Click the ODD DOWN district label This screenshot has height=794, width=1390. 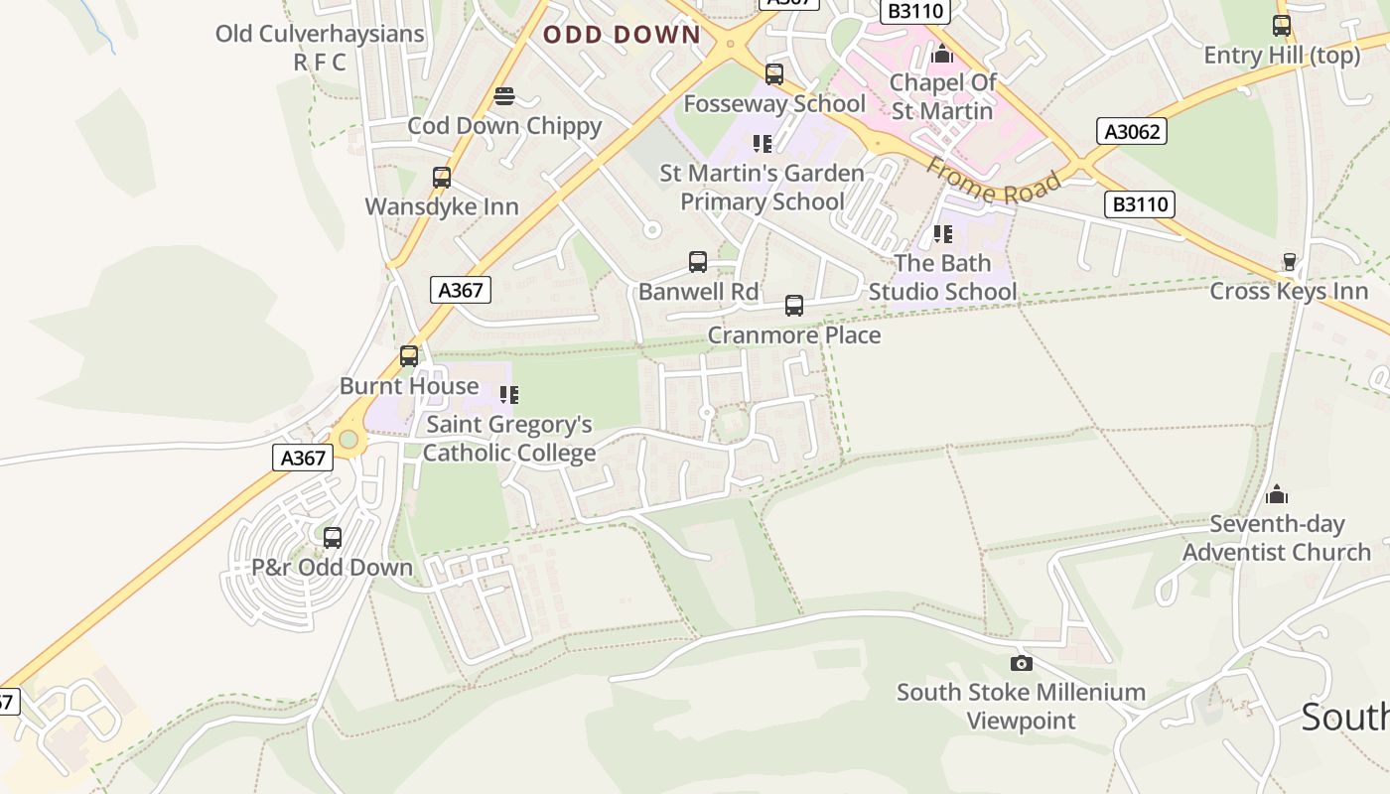[x=622, y=35]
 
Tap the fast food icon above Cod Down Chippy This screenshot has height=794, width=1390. [x=504, y=96]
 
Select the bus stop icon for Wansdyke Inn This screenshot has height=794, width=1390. [x=442, y=178]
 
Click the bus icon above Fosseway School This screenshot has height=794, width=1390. [x=774, y=73]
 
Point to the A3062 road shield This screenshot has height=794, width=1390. [x=1132, y=131]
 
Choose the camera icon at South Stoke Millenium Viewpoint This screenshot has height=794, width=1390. [x=1021, y=663]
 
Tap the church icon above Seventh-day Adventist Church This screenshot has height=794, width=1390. [x=1277, y=494]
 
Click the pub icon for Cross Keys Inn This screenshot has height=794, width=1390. [x=1289, y=262]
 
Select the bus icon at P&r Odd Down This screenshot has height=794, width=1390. [x=333, y=538]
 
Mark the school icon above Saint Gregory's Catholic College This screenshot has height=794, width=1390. [x=509, y=395]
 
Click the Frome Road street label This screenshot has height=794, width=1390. [x=993, y=180]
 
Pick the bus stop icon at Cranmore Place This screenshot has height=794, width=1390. [x=794, y=306]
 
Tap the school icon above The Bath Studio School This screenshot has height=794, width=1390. [x=942, y=234]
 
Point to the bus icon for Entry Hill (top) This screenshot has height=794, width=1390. [x=1282, y=26]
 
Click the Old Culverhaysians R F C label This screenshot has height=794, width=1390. [x=320, y=47]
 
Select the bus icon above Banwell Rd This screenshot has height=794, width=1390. [x=698, y=262]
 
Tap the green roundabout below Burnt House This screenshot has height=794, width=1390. [x=347, y=439]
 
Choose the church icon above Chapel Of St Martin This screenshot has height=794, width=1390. [x=942, y=53]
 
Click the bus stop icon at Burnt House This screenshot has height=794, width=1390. [x=409, y=356]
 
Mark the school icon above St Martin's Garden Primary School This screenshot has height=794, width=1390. [x=762, y=144]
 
